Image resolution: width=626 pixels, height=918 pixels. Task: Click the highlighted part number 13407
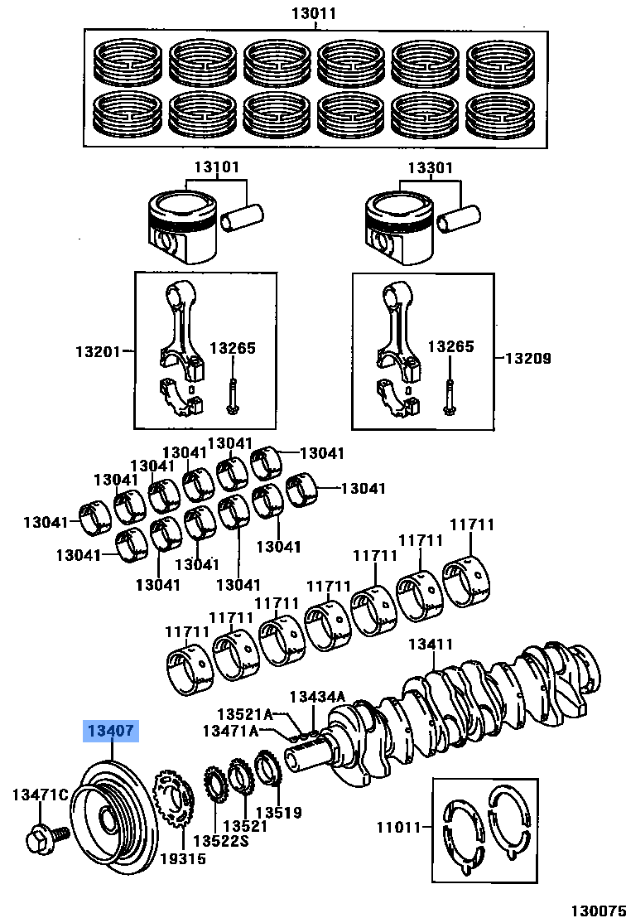click(109, 732)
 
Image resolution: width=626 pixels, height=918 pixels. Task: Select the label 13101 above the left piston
click(217, 167)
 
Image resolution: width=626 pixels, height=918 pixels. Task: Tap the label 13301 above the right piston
click(430, 167)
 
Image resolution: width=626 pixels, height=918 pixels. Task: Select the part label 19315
click(183, 858)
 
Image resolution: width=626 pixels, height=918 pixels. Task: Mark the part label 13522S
click(227, 842)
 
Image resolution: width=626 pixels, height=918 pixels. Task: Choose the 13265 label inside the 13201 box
click(233, 348)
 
